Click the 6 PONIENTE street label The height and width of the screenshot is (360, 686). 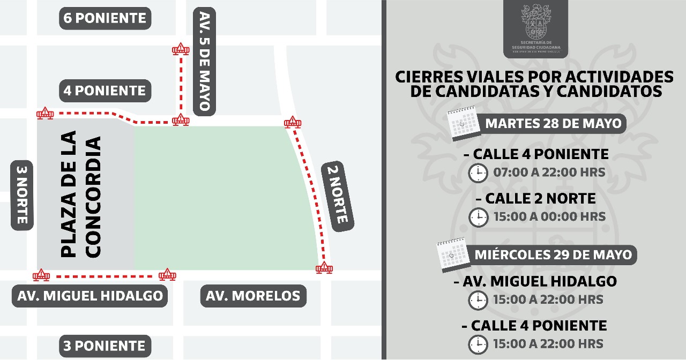105,18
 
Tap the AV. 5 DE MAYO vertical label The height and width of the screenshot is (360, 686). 204,61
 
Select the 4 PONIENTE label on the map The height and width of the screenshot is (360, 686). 105,91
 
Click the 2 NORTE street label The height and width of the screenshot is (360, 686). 338,196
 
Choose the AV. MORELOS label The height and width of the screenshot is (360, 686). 253,296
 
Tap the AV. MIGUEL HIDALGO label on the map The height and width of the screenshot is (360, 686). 90,296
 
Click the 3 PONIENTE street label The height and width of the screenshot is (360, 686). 105,346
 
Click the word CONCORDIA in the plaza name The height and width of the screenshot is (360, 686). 93,197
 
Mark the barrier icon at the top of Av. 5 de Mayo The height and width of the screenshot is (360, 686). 180,50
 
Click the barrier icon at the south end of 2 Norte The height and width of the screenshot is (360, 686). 324,268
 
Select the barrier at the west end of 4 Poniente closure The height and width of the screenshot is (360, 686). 45,113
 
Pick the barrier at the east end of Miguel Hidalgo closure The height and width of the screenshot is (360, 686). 167,275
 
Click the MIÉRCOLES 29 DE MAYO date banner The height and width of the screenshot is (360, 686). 553,254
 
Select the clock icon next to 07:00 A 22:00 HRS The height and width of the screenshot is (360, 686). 478,173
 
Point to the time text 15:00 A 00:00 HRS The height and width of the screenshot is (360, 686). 549,217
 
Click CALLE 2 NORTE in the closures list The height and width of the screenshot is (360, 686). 540,199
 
